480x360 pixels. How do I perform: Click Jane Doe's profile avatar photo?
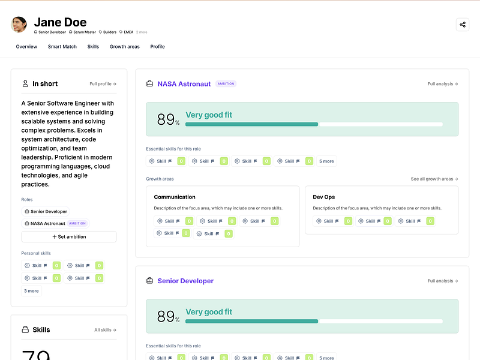(x=19, y=25)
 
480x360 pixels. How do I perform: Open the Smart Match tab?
(x=62, y=47)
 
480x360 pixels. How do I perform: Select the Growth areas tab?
(x=124, y=47)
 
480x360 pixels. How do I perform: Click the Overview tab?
(x=26, y=47)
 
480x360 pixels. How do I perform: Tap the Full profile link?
(x=103, y=84)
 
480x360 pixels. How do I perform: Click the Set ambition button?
(x=69, y=237)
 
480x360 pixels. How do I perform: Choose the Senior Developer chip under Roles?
(x=46, y=211)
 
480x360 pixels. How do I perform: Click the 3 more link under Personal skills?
(x=31, y=291)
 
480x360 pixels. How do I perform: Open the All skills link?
(x=105, y=330)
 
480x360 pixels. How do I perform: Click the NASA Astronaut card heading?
(x=184, y=84)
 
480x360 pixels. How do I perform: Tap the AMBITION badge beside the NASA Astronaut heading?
(x=226, y=84)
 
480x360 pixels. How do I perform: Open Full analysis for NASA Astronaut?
(x=443, y=84)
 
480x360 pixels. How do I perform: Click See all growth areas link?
(x=434, y=179)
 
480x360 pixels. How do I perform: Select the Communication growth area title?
(x=175, y=197)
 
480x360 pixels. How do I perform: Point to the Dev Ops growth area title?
(x=325, y=197)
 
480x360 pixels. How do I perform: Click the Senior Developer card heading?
(x=185, y=281)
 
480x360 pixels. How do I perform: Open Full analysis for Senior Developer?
(x=443, y=281)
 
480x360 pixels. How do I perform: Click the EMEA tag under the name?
(x=128, y=32)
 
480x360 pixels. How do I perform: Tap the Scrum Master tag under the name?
(x=83, y=32)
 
